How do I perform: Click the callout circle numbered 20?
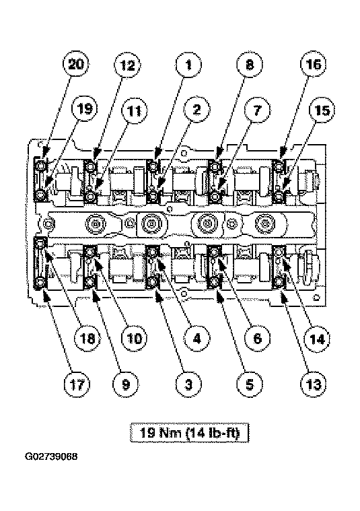click(76, 65)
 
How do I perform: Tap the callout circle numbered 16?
click(312, 65)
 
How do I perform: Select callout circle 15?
click(322, 111)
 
